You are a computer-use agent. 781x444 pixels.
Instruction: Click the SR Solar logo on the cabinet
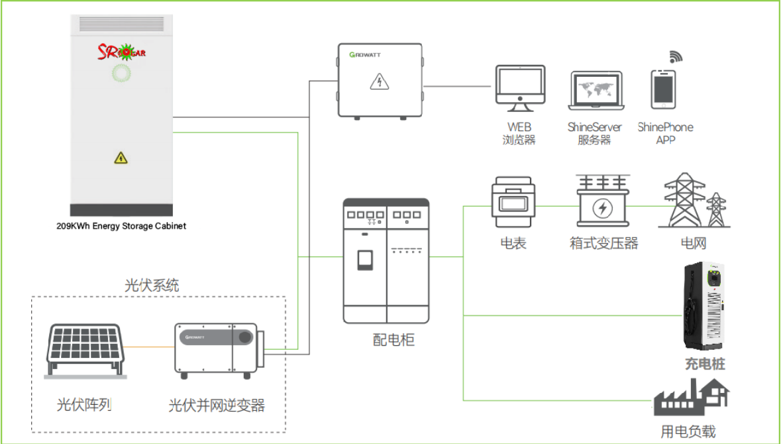click(121, 50)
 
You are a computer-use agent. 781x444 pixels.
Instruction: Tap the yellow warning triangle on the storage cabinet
click(121, 158)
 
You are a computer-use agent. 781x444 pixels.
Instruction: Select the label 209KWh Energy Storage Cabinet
click(121, 226)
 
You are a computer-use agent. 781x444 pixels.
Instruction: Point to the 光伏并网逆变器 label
click(217, 405)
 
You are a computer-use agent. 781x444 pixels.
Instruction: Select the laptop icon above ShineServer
click(595, 91)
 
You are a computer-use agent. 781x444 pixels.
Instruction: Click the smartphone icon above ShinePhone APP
click(664, 89)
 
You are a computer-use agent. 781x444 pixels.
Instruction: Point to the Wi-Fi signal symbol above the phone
click(675, 56)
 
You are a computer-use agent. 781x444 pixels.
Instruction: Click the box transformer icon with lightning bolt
click(602, 202)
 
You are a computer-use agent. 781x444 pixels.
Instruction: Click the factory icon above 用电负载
click(691, 397)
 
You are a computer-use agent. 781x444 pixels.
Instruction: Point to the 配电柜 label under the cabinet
click(393, 341)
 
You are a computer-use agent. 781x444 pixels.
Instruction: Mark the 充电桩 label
click(705, 364)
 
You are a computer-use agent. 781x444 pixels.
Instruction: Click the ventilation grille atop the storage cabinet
click(121, 25)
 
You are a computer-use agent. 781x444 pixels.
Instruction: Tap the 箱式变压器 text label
click(603, 243)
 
